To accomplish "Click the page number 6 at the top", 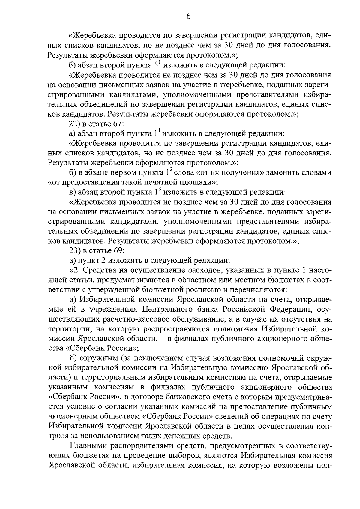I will click(188, 17).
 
